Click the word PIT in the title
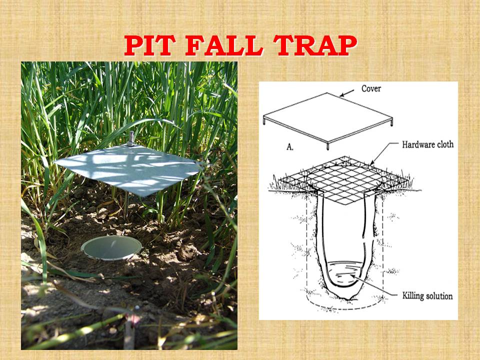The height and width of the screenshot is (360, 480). [x=149, y=45]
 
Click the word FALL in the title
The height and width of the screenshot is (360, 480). [x=224, y=45]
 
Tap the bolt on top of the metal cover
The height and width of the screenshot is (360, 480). [x=131, y=139]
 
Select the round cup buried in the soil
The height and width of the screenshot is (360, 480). [x=111, y=248]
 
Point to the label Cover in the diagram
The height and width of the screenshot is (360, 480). [x=371, y=89]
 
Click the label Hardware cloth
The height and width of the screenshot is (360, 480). [x=427, y=144]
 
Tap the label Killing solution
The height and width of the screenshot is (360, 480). [x=427, y=295]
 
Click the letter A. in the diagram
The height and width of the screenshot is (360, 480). [x=290, y=147]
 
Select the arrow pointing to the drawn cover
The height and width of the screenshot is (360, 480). [x=347, y=93]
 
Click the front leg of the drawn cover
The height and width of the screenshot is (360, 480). [x=328, y=146]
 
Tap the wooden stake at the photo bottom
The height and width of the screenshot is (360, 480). [x=130, y=332]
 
